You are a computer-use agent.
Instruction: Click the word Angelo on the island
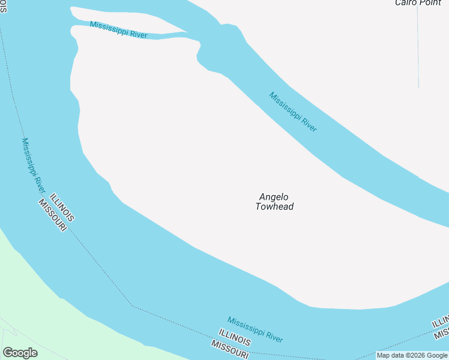click(274, 197)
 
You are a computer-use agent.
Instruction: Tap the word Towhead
click(274, 207)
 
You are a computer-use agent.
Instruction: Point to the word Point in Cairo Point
click(430, 3)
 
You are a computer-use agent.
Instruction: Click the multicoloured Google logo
click(20, 352)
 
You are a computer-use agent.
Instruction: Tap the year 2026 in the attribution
click(411, 355)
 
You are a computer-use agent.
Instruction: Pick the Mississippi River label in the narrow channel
click(118, 29)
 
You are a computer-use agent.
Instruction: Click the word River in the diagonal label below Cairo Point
click(308, 124)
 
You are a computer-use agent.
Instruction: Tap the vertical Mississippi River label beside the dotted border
click(34, 165)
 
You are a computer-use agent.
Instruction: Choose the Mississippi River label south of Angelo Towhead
click(255, 329)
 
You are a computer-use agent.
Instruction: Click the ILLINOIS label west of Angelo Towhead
click(62, 208)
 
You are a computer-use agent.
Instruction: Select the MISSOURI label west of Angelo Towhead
click(52, 217)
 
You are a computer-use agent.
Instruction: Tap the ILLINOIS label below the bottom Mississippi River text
click(235, 337)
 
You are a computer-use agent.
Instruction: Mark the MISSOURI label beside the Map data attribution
click(231, 349)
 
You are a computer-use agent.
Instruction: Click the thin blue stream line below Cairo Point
click(418, 48)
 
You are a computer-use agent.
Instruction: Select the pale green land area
click(30, 300)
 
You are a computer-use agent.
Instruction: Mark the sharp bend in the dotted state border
click(133, 306)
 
